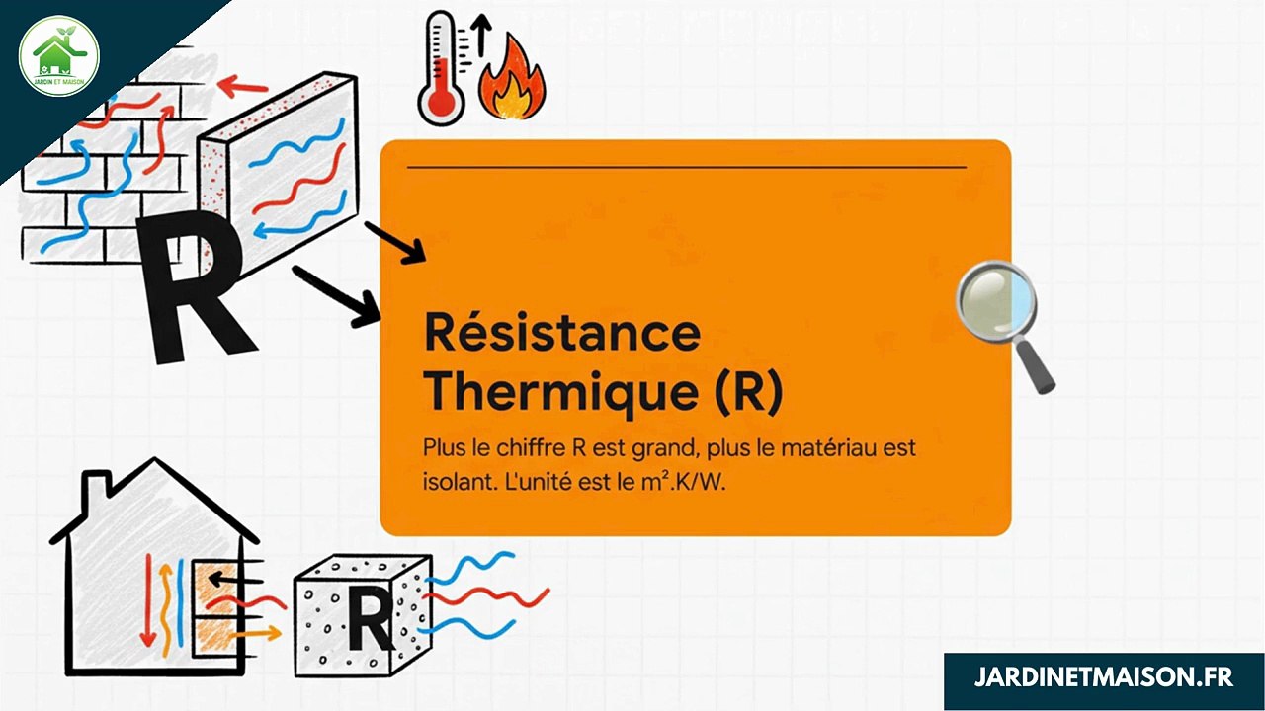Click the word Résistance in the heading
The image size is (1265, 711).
(561, 333)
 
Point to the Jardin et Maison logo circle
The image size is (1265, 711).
(59, 56)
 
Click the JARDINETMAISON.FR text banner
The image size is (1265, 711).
(1103, 678)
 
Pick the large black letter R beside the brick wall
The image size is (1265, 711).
(193, 286)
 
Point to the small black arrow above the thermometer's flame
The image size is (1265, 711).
(481, 35)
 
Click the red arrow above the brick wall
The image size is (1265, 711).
(243, 88)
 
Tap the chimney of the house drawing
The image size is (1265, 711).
(95, 486)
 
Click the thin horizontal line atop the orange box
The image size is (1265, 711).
(686, 168)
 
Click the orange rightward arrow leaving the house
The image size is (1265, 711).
(259, 630)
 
